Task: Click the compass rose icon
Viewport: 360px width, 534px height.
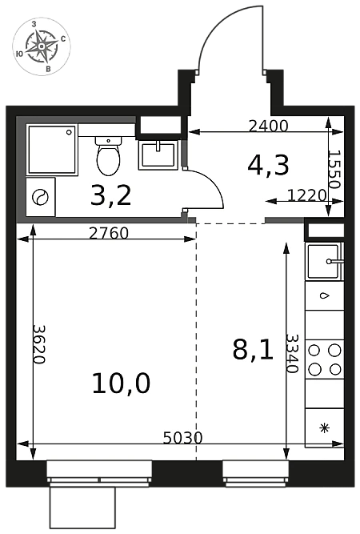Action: coord(42,46)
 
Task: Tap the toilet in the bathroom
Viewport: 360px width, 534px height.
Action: coord(108,156)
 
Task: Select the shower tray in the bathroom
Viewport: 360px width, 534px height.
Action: coord(52,150)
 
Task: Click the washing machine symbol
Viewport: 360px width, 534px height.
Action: coord(41,197)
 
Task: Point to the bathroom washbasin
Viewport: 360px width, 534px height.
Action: coord(158,155)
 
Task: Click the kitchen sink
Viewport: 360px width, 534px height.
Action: coord(325,262)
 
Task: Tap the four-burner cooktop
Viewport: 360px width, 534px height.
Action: coord(324,359)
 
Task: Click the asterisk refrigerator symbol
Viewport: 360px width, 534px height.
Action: coord(326,428)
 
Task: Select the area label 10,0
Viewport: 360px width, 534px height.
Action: coord(121,383)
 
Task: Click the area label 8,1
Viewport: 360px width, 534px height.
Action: coord(253,350)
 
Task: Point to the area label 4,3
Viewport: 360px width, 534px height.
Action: coord(269,165)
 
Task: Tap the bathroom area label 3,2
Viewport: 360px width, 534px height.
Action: coord(111,196)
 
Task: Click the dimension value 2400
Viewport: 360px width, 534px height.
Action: coord(269,126)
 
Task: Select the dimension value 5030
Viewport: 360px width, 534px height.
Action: coord(182,438)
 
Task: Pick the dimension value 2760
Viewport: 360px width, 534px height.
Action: coord(109,233)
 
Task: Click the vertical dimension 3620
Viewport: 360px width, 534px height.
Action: coord(38,344)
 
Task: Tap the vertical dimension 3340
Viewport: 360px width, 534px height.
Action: coord(292,353)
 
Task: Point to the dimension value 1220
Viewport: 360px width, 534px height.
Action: coord(307,195)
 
